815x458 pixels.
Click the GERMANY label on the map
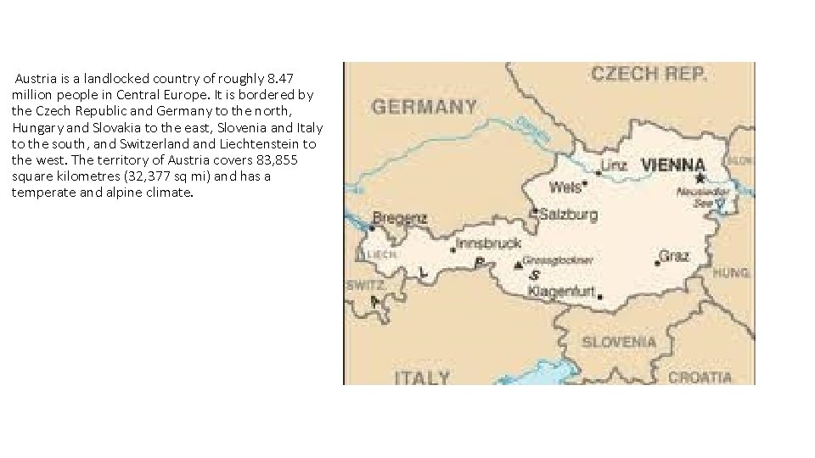[424, 108]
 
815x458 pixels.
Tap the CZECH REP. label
[649, 74]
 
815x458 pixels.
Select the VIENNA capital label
[672, 165]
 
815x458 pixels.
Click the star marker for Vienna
[700, 178]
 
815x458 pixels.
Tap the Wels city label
[565, 187]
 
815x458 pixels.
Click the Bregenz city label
[401, 218]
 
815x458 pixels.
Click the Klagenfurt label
[561, 291]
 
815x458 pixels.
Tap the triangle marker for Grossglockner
[518, 265]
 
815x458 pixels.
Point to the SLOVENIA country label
[618, 342]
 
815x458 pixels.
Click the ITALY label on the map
[421, 377]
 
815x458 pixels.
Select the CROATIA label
[699, 377]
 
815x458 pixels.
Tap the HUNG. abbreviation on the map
[731, 273]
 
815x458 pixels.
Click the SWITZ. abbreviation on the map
[365, 286]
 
